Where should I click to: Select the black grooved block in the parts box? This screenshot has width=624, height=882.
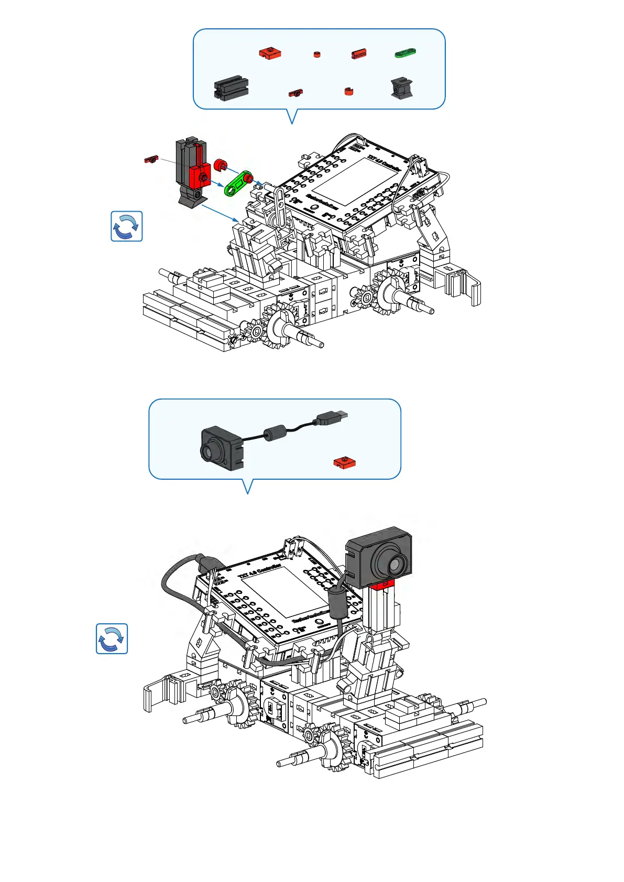231,88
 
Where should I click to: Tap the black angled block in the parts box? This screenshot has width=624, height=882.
402,88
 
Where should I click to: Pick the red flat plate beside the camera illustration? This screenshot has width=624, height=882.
344,463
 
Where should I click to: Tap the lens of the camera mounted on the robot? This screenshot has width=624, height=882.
395,564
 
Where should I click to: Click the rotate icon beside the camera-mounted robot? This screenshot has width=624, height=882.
112,638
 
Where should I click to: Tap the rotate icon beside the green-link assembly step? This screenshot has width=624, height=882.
127,226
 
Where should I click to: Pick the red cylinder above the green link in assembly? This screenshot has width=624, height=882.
220,166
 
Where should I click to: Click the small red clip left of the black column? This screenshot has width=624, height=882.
151,159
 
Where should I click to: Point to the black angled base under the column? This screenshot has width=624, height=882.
192,197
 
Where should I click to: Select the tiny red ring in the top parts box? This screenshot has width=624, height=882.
316,54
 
